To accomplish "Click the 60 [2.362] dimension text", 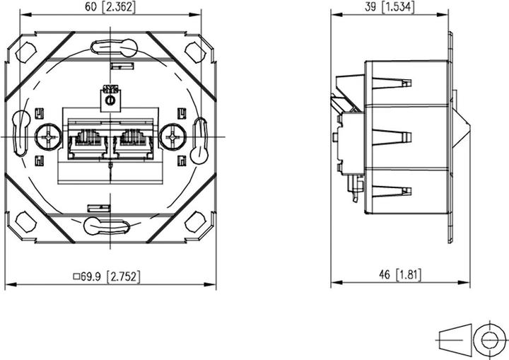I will (x=112, y=8).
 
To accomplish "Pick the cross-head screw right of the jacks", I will (x=170, y=134).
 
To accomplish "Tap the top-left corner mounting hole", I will (x=26, y=51).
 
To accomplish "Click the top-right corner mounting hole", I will (x=195, y=51).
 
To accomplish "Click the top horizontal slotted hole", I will (x=110, y=48).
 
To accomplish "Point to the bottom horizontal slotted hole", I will (x=107, y=226).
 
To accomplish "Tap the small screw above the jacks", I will (x=110, y=101).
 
